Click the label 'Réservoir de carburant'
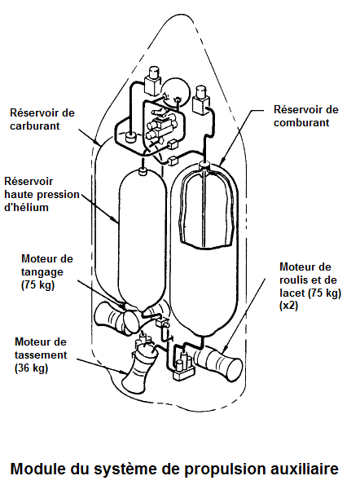42,119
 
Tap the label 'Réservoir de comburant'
306,116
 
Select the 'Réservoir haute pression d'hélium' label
42,194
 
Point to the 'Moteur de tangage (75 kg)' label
47,272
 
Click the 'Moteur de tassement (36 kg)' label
41,355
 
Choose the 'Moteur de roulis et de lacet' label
310,280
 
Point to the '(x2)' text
288,306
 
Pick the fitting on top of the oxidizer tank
204,165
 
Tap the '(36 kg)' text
31,368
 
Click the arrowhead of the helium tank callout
116,220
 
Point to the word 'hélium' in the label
26,207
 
